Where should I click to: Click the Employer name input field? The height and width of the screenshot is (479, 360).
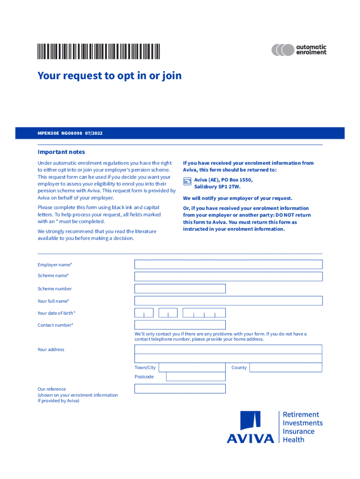tap(228, 264)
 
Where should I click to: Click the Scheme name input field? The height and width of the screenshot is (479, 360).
tap(228, 276)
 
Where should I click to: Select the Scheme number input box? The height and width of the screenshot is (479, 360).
tap(180, 289)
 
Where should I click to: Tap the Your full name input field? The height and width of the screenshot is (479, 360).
tap(228, 301)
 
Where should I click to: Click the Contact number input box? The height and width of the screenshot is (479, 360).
tap(180, 325)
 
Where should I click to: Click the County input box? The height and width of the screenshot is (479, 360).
tap(285, 368)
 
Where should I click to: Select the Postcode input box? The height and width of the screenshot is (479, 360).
tap(195, 377)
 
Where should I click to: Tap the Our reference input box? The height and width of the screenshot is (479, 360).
tap(180, 389)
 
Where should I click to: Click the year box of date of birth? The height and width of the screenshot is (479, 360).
tap(204, 313)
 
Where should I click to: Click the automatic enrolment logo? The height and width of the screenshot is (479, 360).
tap(299, 50)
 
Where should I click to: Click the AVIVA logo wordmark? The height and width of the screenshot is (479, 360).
tap(251, 439)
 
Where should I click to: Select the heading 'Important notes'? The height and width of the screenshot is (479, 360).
tap(61, 152)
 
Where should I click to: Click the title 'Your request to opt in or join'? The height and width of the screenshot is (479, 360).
tap(109, 76)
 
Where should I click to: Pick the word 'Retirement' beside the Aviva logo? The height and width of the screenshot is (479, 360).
tap(301, 414)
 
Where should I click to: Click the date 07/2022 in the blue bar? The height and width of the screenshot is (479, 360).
tap(94, 133)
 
